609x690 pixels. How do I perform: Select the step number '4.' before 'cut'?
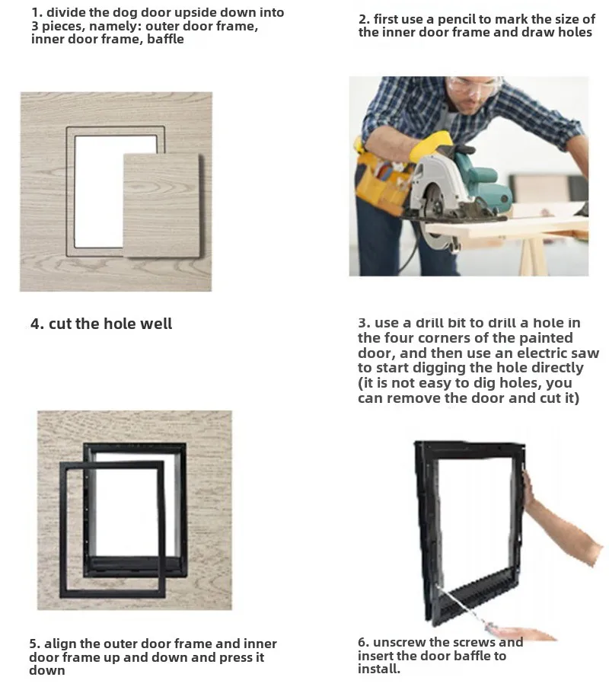pyautogui.click(x=37, y=324)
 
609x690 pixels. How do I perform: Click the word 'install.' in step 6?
pyautogui.click(x=379, y=669)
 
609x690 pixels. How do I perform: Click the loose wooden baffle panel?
pyautogui.click(x=162, y=206)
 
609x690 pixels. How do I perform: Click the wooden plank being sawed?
pyautogui.click(x=505, y=228)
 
